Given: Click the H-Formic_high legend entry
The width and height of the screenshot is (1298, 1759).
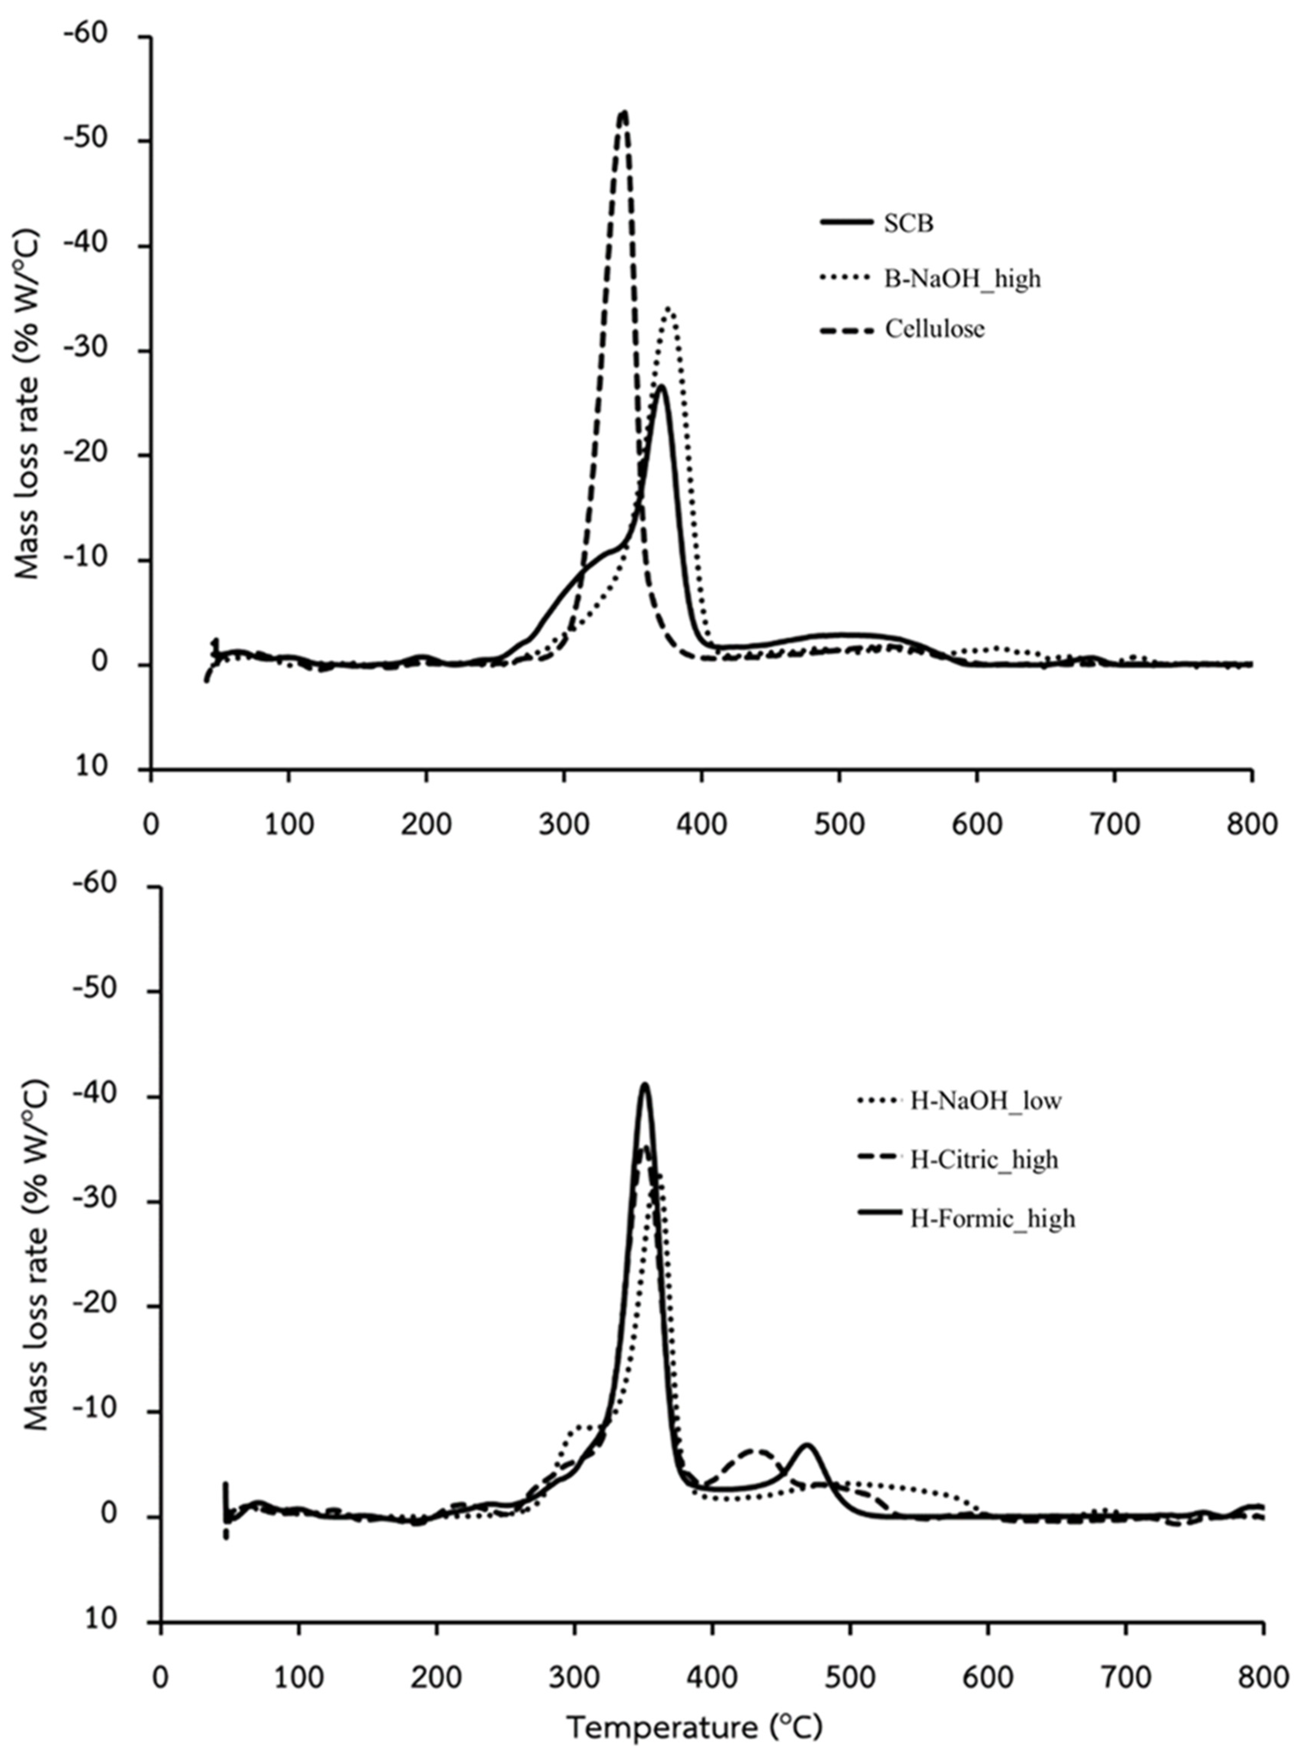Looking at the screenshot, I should pos(992,1218).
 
